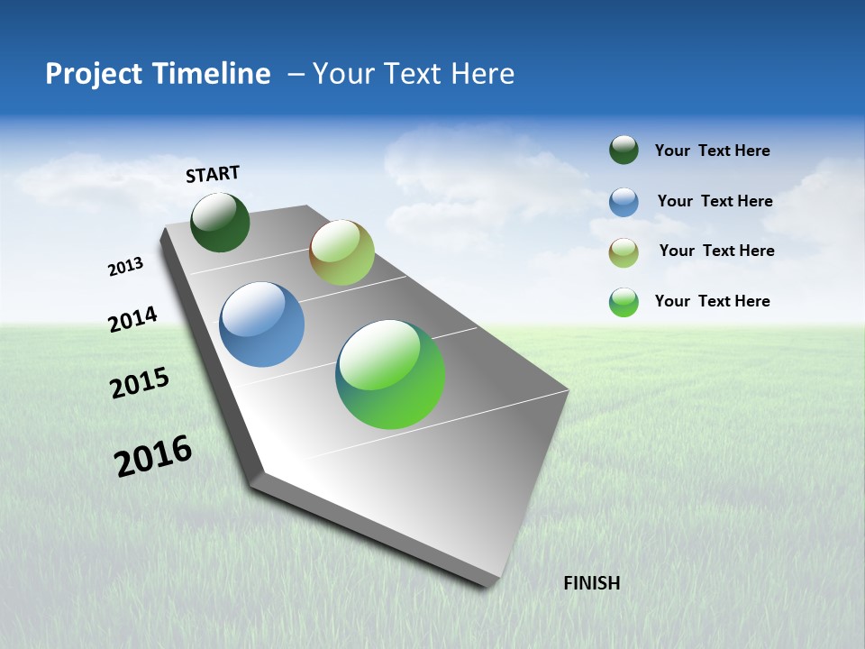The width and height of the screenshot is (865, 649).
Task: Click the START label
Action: [213, 173]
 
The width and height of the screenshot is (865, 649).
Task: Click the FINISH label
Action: [591, 583]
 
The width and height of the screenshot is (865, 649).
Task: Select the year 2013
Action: [125, 267]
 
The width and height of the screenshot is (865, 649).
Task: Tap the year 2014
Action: [132, 319]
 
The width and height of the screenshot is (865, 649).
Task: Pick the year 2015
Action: [139, 383]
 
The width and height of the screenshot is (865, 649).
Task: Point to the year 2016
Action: [153, 456]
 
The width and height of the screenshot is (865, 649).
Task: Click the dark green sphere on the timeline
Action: [220, 222]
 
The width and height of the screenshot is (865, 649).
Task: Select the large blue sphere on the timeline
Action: [261, 324]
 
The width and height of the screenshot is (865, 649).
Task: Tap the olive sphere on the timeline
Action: [341, 252]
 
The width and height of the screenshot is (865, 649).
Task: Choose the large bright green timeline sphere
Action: [390, 374]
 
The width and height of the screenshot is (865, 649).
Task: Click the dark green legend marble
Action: [624, 150]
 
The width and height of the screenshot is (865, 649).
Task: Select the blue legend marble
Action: [624, 201]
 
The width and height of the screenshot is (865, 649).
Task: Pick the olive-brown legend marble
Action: [624, 251]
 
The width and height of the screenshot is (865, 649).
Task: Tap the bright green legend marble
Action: [624, 302]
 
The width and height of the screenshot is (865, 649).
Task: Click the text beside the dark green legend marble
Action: [712, 151]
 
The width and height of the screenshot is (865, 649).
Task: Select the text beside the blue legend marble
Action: [715, 201]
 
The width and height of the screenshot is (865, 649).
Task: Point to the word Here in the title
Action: [482, 74]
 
